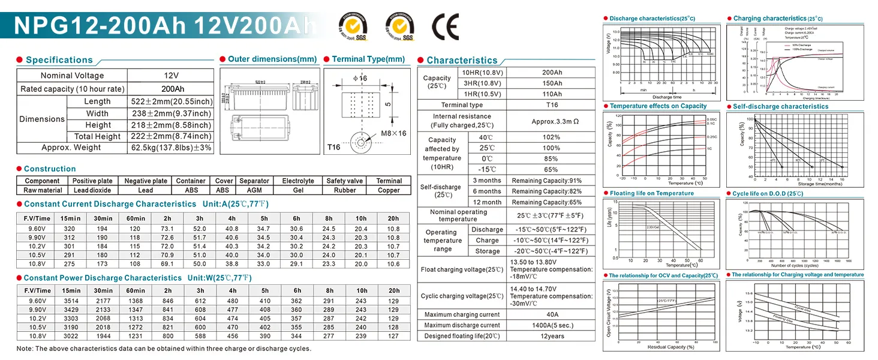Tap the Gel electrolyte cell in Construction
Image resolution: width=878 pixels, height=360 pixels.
pyautogui.click(x=297, y=190)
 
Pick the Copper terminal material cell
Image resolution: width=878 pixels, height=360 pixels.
pyautogui.click(x=389, y=190)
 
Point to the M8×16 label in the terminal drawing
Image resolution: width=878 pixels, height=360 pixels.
pyautogui.click(x=393, y=133)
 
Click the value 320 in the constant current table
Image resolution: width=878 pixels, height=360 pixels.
pyautogui.click(x=70, y=229)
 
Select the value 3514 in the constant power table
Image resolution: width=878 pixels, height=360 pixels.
pyautogui.click(x=70, y=301)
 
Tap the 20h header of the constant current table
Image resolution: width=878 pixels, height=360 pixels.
pyautogui.click(x=393, y=218)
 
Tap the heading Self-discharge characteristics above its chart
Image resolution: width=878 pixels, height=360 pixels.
pyautogui.click(x=780, y=107)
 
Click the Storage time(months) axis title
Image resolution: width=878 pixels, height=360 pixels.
pyautogui.click(x=791, y=184)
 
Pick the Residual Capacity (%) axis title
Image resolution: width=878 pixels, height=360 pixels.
pyautogui.click(x=670, y=347)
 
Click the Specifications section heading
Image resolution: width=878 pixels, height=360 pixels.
pyautogui.click(x=59, y=60)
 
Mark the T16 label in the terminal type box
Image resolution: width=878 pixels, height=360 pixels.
pyautogui.click(x=334, y=148)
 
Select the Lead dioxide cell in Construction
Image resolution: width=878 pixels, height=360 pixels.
pyautogui.click(x=92, y=190)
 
